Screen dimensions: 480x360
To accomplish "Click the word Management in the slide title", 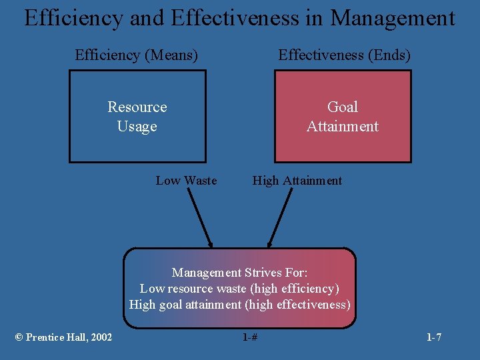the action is [392, 18].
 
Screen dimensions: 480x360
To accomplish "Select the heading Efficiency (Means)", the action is [137, 55].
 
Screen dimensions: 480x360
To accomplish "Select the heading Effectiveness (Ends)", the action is [344, 55].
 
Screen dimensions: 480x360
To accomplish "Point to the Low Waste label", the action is [186, 181].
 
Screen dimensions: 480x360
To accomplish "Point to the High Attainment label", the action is [297, 181].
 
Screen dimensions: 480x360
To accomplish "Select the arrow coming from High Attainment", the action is [280, 217].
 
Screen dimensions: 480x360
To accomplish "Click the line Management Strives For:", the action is [239, 272].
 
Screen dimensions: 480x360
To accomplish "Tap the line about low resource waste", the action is [239, 289].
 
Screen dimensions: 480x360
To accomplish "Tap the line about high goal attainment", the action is [239, 305].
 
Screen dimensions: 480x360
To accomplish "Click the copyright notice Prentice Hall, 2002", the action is [63, 337].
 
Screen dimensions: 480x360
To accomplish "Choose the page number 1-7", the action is [434, 337].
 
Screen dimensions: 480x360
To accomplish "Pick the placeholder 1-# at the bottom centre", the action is [250, 337].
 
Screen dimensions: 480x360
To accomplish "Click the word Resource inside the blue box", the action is [137, 107].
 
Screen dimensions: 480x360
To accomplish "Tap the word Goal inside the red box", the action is [343, 107].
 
